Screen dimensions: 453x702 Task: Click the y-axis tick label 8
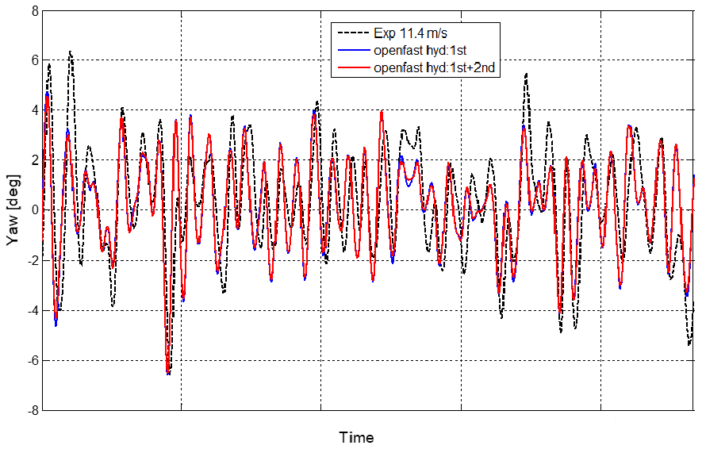coord(33,11)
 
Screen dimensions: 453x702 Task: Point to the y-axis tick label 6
coord(33,61)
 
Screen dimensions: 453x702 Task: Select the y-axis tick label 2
coord(33,160)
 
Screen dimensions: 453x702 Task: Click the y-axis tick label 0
coord(33,210)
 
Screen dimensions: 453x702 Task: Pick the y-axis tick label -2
coord(31,260)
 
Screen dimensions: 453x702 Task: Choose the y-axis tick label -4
coord(31,310)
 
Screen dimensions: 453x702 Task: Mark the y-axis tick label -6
coord(31,360)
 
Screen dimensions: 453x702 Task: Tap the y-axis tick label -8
coord(31,410)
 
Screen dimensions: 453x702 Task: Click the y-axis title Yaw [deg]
coord(12,209)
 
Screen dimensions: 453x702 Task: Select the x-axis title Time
coord(357,437)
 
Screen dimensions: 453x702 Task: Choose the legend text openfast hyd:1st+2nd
coord(434,67)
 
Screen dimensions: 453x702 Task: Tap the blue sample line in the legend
coord(353,52)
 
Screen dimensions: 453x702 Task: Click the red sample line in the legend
coord(353,67)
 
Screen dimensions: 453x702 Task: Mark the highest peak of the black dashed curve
coord(70,52)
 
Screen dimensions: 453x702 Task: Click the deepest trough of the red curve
coord(168,372)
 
